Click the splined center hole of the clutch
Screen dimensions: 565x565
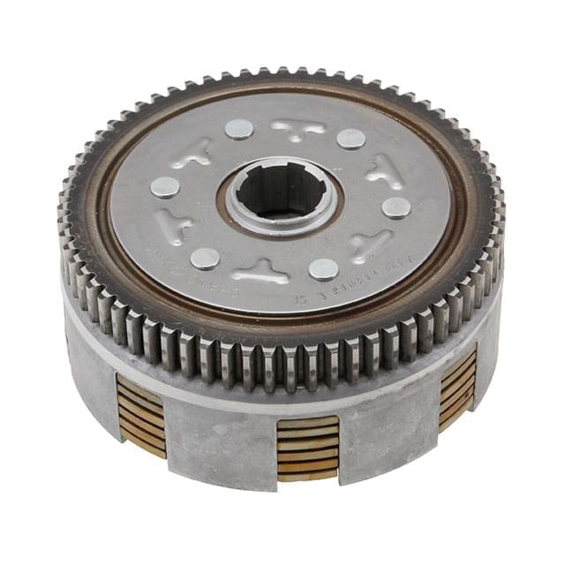(280, 192)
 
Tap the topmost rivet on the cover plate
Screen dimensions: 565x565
(238, 129)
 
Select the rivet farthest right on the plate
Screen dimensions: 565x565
(396, 207)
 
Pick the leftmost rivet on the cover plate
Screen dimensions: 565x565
(164, 186)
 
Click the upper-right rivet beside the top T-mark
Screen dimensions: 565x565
(350, 139)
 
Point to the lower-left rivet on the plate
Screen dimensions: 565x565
(205, 258)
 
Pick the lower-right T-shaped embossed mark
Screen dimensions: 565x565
(369, 245)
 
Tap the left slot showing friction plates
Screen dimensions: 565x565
(140, 416)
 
